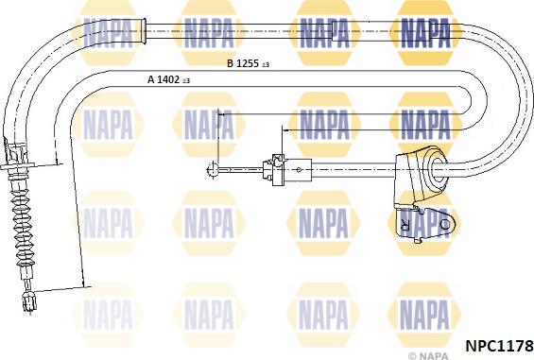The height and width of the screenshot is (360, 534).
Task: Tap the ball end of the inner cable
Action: [210, 171]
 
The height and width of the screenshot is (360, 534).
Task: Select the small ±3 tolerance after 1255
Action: [266, 65]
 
